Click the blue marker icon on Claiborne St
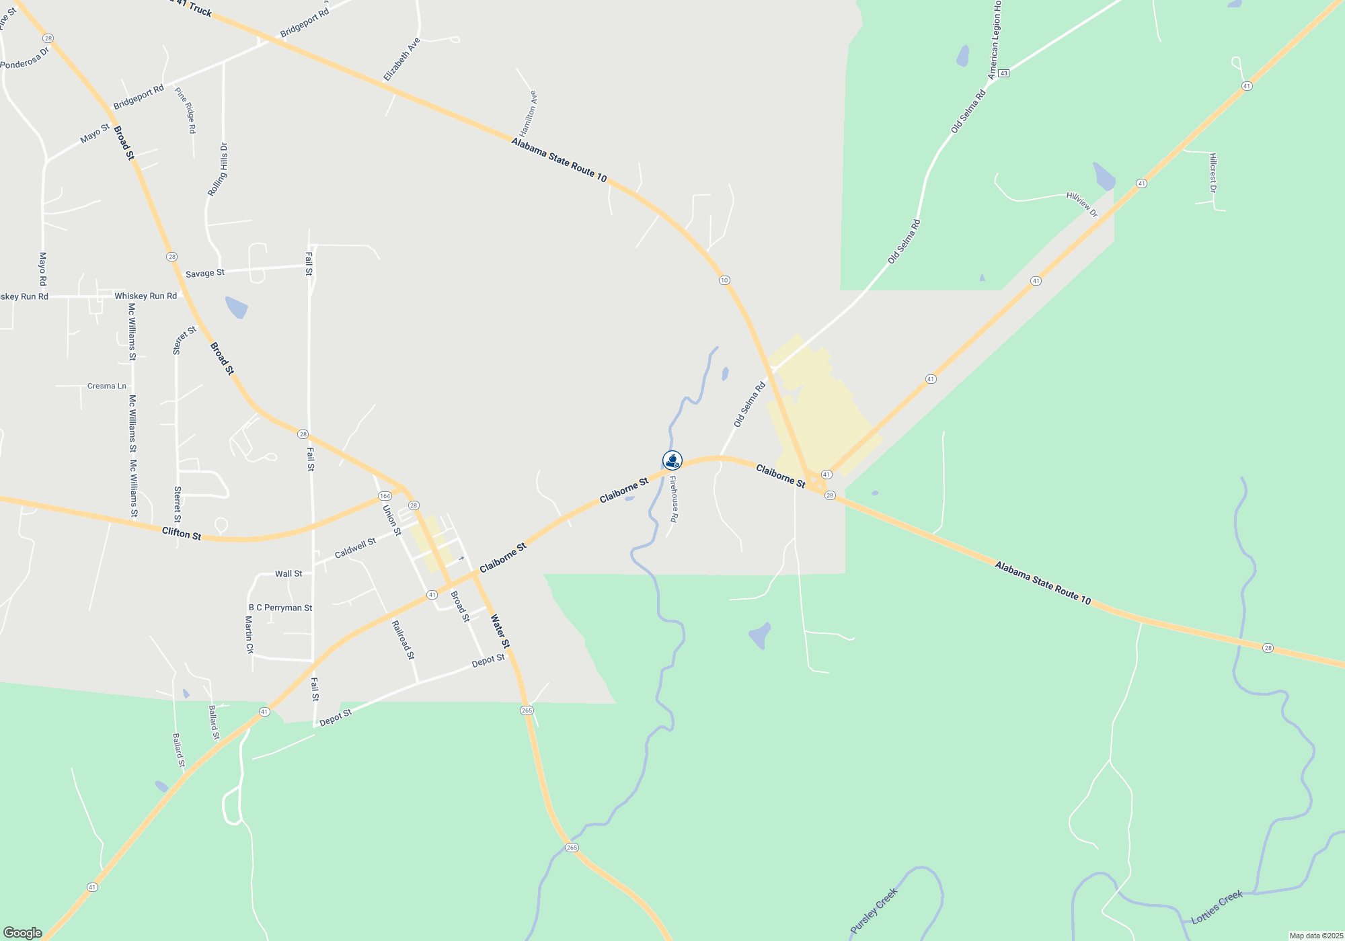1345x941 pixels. point(672,460)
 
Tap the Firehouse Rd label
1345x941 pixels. point(674,499)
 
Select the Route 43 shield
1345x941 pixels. point(1003,73)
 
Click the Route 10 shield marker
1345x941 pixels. point(724,280)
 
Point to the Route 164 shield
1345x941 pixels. point(384,496)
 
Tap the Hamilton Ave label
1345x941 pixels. point(528,114)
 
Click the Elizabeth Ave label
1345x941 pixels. point(401,60)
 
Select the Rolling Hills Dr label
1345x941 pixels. point(217,169)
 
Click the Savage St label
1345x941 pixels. point(205,274)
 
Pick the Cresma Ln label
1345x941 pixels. point(107,386)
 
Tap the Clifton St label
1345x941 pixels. point(182,534)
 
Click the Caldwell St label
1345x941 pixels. point(355,548)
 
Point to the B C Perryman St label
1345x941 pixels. point(280,608)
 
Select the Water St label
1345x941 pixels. point(500,631)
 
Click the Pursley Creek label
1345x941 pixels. point(874,911)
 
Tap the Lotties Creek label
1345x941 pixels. point(1217,907)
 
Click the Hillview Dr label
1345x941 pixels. point(1081,204)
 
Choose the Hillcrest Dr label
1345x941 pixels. point(1213,173)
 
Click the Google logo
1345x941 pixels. point(23,933)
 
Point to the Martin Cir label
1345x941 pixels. point(249,635)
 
